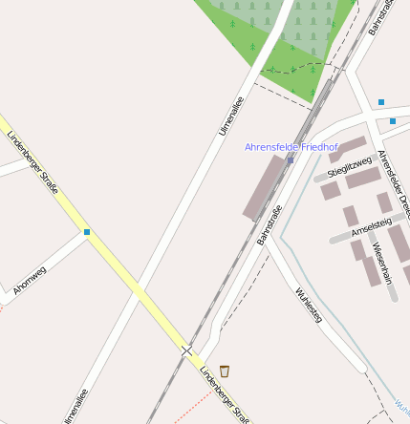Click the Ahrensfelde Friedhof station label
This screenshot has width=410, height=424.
291,147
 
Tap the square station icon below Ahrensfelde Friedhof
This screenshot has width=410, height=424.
291,160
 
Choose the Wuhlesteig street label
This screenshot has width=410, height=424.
309,305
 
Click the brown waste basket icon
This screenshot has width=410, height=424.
225,371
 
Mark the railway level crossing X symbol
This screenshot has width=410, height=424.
186,351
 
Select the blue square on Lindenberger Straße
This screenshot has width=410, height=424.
87,231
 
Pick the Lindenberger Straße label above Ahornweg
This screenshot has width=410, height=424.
32,160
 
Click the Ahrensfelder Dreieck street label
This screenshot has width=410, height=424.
393,181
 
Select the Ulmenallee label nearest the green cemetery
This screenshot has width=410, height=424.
232,115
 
